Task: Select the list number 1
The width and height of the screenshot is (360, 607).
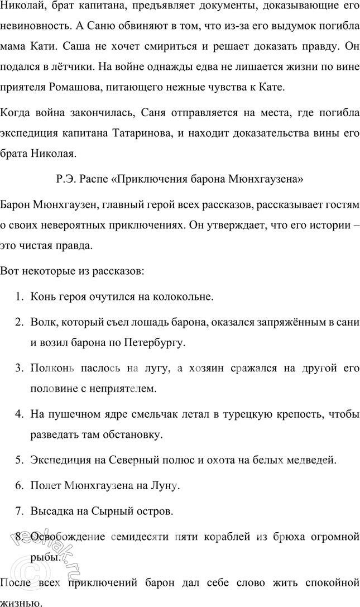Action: [18, 296]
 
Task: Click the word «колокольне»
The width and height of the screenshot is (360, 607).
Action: [186, 296]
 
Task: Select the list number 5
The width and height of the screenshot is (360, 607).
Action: [18, 460]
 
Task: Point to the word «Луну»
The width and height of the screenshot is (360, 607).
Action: [165, 486]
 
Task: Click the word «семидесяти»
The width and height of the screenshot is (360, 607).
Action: [146, 537]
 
